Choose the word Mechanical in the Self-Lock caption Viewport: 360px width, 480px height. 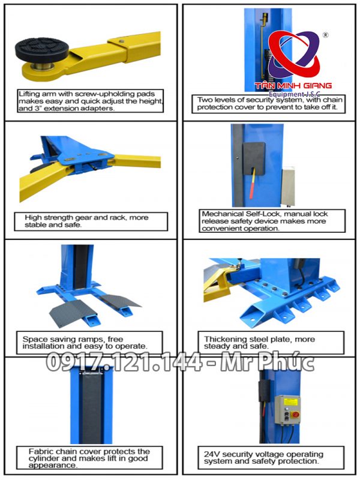(224, 214)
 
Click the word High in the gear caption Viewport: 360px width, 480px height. (34, 217)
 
